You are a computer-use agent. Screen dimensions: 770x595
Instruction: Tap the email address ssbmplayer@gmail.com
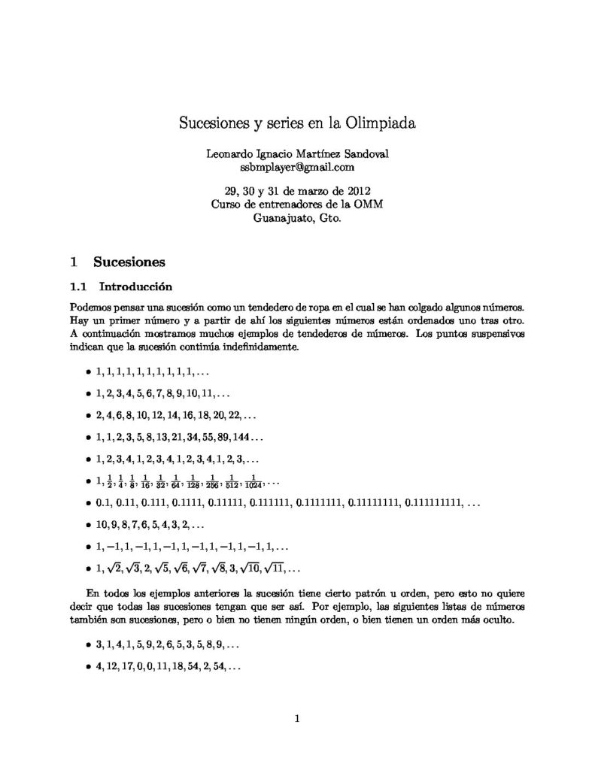tap(297, 166)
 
